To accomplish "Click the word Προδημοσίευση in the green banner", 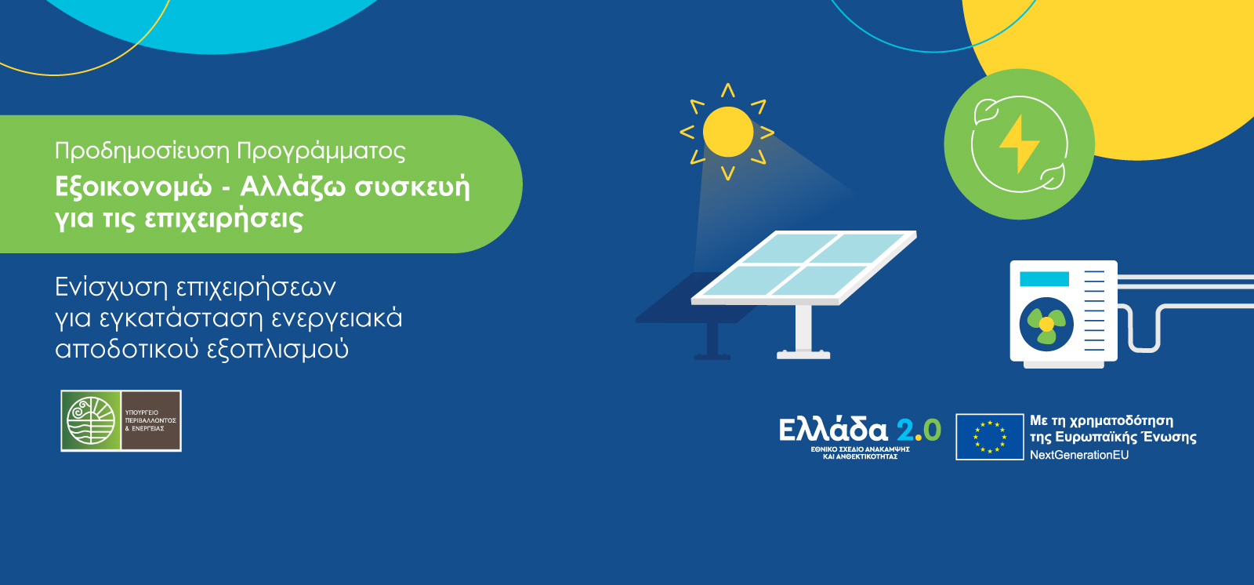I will [142, 151].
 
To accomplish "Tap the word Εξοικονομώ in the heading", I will [133, 187].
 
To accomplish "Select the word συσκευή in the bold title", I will [412, 187].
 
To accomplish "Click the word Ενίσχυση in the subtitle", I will [111, 288].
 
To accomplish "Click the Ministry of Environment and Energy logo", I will [121, 421].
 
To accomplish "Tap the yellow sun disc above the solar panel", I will [728, 132].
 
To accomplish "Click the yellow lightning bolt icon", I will [1019, 144].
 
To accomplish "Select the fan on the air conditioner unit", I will [1046, 324].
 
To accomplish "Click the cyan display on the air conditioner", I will [1044, 279].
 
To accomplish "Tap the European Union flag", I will [990, 437].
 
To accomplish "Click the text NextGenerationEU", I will [1079, 455].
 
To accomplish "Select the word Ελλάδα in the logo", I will [833, 430].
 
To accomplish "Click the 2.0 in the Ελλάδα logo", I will [919, 430].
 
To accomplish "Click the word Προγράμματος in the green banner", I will [321, 151].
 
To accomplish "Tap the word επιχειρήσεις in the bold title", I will [223, 219].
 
